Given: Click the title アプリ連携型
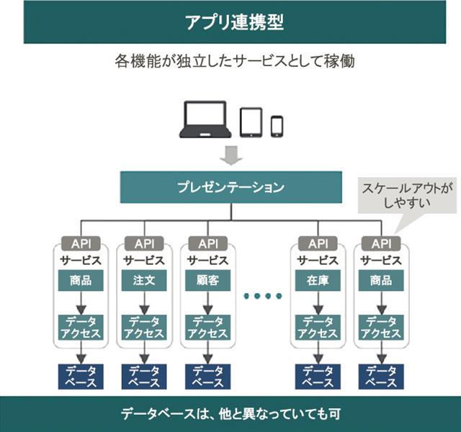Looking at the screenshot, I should click(x=230, y=22).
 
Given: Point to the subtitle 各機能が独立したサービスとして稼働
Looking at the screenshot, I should click(x=230, y=61).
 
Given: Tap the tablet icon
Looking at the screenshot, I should click(x=250, y=122).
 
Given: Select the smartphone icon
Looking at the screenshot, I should click(x=277, y=125).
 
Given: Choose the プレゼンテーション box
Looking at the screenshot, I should click(x=230, y=187).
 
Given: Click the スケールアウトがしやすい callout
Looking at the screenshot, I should click(x=408, y=194).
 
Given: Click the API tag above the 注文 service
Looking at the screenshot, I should click(x=144, y=243).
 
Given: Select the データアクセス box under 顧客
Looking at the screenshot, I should click(x=207, y=327).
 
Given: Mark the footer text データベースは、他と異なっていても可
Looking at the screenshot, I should click(x=230, y=414).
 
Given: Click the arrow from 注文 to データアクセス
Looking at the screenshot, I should click(x=144, y=303).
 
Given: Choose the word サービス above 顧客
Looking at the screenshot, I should click(x=207, y=261).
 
